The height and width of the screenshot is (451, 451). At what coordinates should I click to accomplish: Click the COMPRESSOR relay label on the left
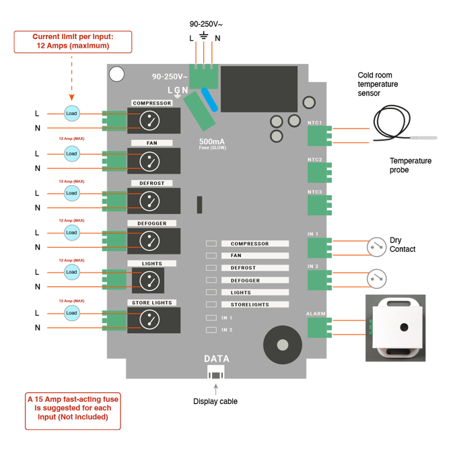tap(152, 103)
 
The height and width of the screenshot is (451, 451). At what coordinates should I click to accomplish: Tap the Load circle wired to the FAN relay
tap(71, 153)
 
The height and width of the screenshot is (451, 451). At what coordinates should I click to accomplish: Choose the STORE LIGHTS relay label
tap(152, 303)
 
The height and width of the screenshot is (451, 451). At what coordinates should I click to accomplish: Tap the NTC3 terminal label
tap(315, 192)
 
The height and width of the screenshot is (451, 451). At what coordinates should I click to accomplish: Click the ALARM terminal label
tap(316, 313)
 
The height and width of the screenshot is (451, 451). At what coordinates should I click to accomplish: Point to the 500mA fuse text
tap(213, 142)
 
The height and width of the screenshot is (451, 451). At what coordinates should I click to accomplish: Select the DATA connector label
tap(216, 359)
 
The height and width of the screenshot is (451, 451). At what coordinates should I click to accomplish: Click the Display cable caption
tap(215, 402)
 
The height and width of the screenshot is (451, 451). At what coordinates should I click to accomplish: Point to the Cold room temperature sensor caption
tap(378, 85)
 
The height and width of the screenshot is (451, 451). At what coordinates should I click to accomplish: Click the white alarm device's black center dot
tap(403, 327)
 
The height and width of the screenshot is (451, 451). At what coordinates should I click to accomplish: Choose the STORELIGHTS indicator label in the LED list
tap(250, 305)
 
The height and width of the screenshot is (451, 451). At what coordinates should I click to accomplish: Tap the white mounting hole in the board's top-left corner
tap(117, 73)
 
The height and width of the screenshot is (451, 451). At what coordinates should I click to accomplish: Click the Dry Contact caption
tap(403, 244)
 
